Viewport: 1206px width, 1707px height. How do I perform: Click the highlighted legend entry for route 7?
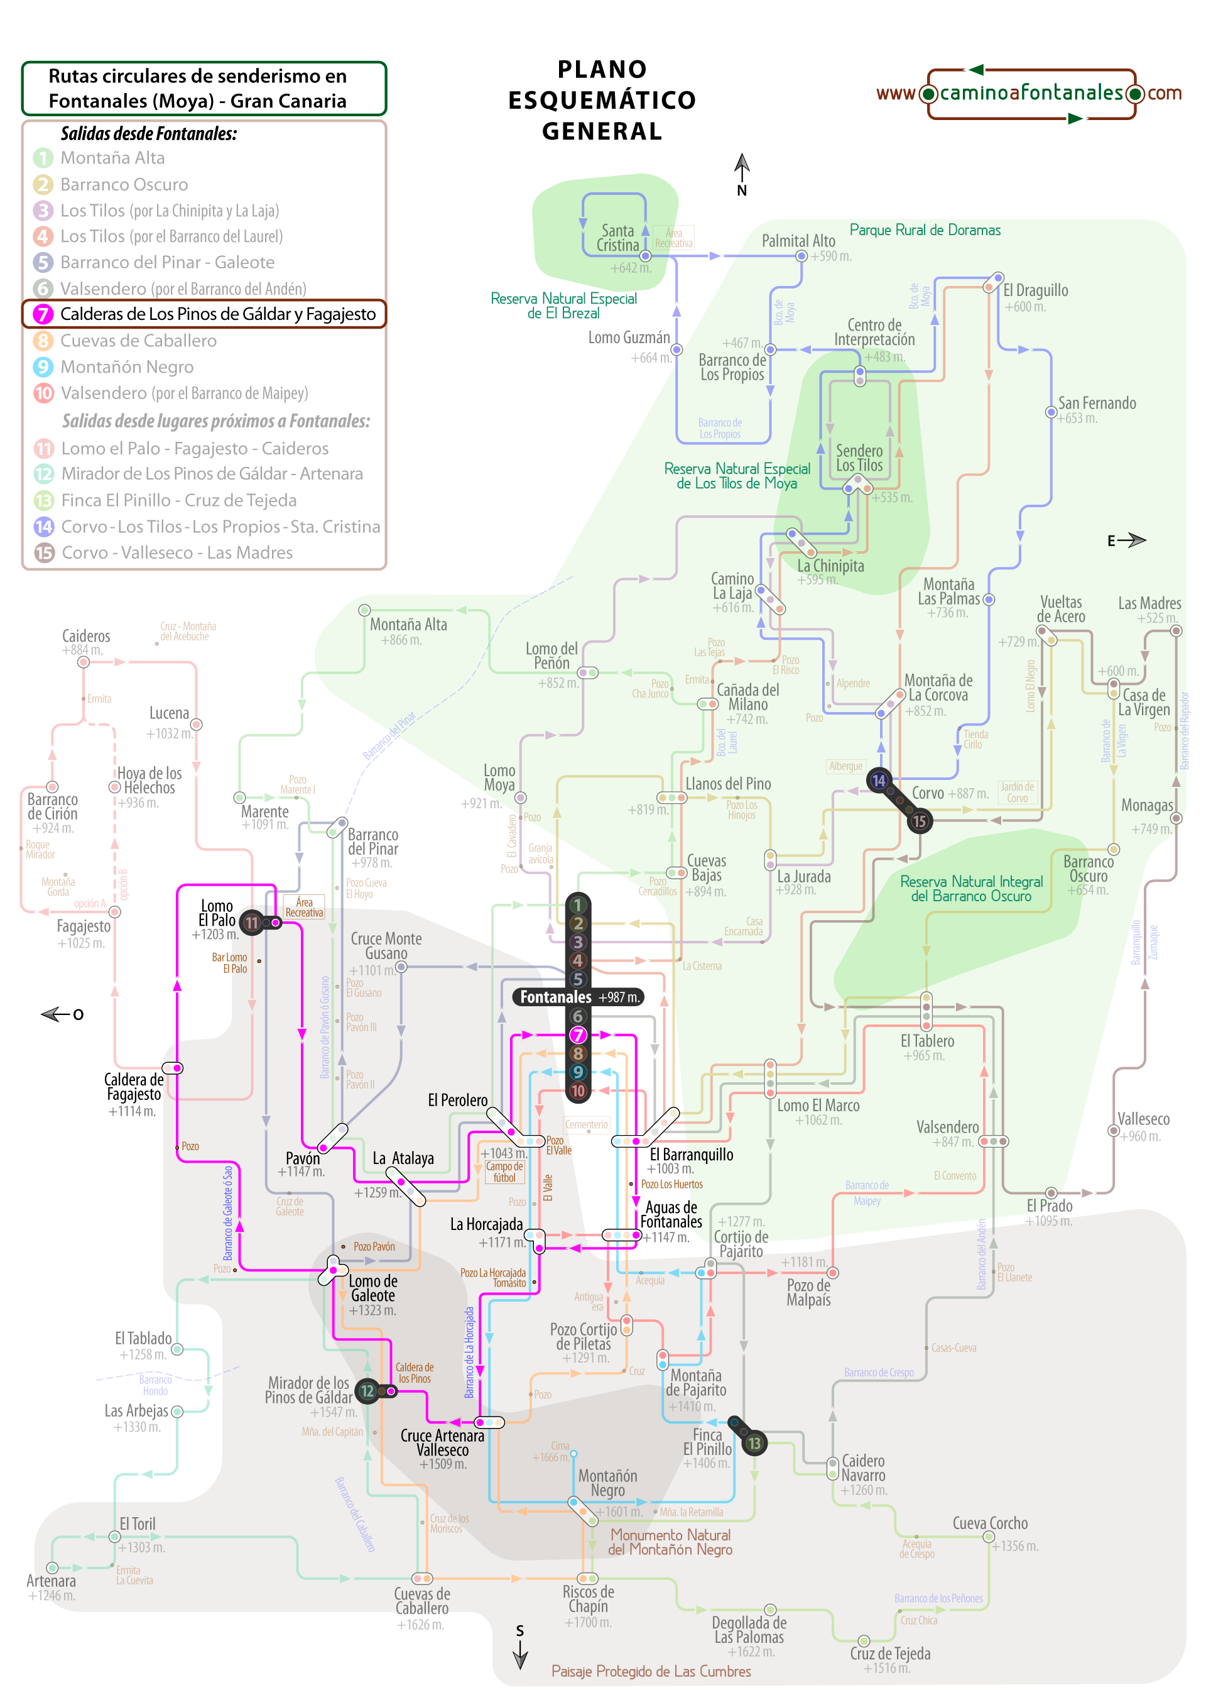point(204,314)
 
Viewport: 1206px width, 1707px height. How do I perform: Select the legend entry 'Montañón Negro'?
point(126,366)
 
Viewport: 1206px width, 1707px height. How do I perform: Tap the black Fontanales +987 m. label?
point(578,997)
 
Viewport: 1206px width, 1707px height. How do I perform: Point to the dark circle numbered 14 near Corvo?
point(879,780)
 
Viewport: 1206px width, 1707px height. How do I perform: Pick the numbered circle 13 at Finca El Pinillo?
point(754,1443)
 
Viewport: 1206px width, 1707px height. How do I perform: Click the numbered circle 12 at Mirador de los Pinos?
point(367,1390)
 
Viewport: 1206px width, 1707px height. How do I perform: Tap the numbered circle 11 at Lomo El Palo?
point(252,923)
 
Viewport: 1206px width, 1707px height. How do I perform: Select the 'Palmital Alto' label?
point(798,241)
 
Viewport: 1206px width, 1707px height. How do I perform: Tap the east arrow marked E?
point(1127,541)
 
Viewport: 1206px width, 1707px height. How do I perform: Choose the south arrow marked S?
point(520,1645)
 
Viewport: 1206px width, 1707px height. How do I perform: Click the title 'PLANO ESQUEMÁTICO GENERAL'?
point(602,101)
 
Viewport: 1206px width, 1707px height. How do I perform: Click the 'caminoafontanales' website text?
point(1031,93)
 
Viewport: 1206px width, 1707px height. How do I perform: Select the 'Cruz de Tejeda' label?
point(889,1653)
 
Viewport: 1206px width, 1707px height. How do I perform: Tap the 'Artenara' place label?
point(52,1580)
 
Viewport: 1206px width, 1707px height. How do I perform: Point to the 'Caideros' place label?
point(86,635)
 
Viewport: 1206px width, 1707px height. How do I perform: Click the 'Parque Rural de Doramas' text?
point(925,230)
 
